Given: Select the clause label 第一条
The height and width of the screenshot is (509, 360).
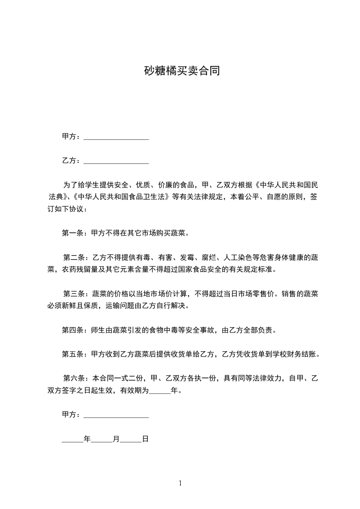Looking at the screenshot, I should point(71,233).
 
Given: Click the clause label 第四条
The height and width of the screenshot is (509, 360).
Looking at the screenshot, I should point(71,330).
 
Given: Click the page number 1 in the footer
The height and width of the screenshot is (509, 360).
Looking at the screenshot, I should point(180,484).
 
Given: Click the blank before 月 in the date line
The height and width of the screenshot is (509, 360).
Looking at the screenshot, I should point(102,440).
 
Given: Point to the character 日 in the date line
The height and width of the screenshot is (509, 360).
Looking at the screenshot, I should point(145,439).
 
